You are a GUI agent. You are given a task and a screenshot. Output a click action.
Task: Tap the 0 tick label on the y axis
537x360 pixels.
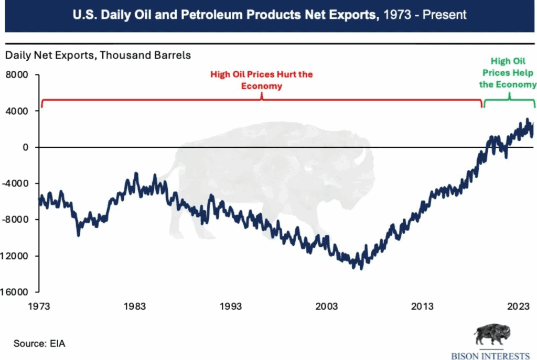coord(24,147)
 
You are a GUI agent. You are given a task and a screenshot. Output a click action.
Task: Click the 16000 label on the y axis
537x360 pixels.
coord(17,292)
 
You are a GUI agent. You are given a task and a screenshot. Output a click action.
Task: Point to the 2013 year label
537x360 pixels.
coord(423,306)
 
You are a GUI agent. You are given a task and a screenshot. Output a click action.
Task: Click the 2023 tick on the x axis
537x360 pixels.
coord(519,306)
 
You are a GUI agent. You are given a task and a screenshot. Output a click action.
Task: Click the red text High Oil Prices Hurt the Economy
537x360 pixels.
coord(261,80)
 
